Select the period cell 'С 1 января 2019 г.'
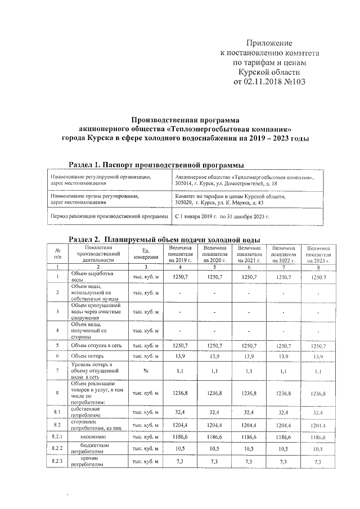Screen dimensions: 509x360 point(197,216)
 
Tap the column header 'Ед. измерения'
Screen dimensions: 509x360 point(145,254)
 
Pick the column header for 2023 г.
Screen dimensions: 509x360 point(318,254)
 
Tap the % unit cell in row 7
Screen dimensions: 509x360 point(145,371)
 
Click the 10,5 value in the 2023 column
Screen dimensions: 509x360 point(318,449)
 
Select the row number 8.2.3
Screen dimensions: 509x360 point(57,461)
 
